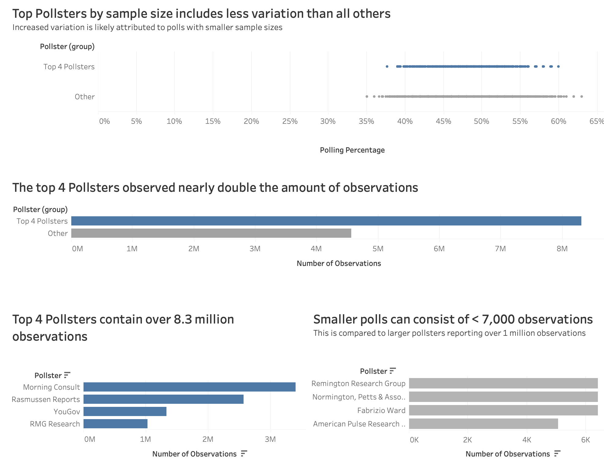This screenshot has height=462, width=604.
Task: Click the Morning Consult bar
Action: [189, 387]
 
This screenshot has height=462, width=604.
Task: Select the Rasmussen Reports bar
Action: [163, 399]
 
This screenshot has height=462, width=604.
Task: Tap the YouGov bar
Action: [125, 411]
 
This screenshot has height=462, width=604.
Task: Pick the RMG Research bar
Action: [115, 424]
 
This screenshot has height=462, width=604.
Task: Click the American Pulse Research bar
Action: [483, 424]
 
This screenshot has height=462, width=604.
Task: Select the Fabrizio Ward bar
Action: [503, 410]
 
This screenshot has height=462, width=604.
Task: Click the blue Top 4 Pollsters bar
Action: [326, 221]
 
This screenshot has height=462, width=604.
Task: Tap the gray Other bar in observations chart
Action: [211, 233]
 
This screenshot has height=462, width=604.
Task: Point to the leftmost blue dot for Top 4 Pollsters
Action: [387, 66]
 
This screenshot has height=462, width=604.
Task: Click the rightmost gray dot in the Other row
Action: [582, 97]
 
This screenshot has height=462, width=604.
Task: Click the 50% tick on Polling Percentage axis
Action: [482, 121]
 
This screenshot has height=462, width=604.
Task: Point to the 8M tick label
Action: [562, 248]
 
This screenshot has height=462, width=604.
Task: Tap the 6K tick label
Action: [586, 440]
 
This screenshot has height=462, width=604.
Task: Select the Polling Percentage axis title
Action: [352, 150]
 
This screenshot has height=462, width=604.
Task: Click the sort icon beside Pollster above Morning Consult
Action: [67, 375]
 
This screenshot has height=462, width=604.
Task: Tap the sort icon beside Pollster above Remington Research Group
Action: [393, 371]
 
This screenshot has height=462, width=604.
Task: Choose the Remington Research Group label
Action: [358, 383]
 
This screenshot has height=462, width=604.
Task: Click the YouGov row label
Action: [67, 411]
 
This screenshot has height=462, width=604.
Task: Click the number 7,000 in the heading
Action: [498, 319]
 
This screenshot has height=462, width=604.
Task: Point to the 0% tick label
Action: [104, 121]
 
